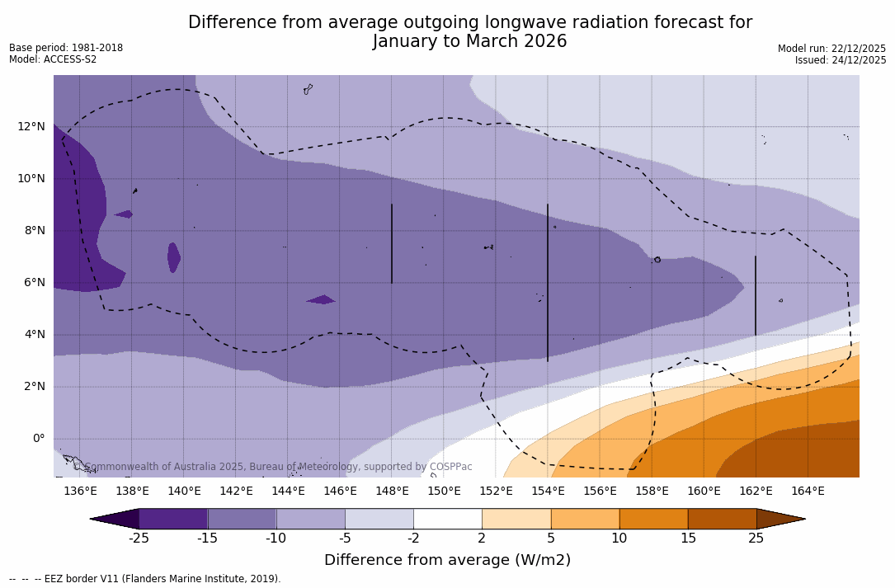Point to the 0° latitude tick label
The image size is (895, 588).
(38, 438)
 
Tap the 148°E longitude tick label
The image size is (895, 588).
(392, 491)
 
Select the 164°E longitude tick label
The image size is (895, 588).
(808, 491)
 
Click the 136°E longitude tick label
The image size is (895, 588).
(80, 491)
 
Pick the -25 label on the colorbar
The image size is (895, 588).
(139, 539)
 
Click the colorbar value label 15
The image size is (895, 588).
(687, 539)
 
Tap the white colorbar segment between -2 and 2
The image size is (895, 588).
(447, 519)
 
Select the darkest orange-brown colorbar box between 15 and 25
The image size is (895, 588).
(722, 519)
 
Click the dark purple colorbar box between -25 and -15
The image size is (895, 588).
(173, 519)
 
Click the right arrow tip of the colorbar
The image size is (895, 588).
(803, 519)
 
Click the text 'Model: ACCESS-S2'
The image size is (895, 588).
(53, 59)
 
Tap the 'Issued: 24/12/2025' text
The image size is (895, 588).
(841, 60)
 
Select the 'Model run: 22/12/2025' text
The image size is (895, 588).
(831, 49)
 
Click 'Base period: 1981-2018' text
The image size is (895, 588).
(66, 48)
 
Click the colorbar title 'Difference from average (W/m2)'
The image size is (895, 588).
(447, 560)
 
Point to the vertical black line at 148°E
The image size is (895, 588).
(392, 243)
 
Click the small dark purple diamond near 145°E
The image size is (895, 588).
(321, 299)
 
